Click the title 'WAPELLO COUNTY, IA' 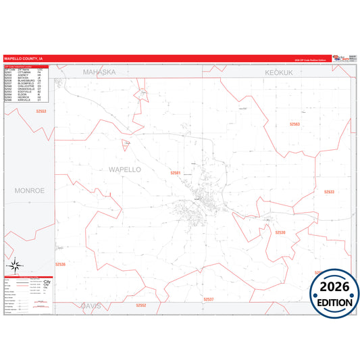[24, 59]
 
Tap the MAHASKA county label [99, 71]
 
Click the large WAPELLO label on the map [124, 170]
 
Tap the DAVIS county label [91, 305]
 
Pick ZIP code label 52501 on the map [176, 173]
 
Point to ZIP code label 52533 [329, 192]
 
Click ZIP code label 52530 [280, 232]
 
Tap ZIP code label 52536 [61, 264]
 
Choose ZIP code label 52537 [208, 298]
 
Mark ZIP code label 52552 [140, 305]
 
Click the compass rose [14, 265]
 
